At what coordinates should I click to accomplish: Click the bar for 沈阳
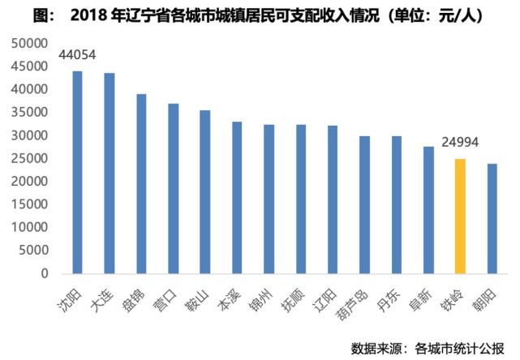click(78, 172)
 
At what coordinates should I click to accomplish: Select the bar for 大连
click(110, 174)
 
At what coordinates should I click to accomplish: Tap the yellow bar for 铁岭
click(460, 216)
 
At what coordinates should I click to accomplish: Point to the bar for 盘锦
click(141, 184)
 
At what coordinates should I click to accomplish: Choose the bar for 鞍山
click(205, 192)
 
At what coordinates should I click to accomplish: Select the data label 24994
click(460, 144)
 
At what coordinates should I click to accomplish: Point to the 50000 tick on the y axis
click(31, 42)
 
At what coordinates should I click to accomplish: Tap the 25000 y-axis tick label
click(31, 158)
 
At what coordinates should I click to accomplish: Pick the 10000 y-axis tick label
click(31, 228)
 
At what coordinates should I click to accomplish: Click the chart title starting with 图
click(260, 15)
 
